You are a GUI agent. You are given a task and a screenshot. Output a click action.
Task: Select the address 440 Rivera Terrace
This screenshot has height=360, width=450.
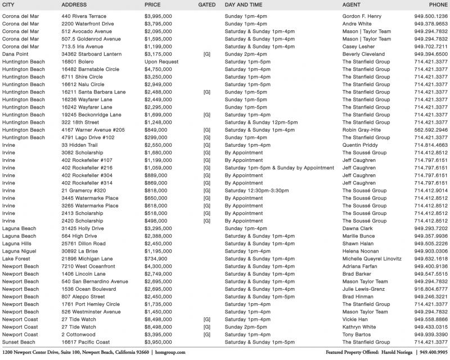pyautogui.click(x=84, y=16)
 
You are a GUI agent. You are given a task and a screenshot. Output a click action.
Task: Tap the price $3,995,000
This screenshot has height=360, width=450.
pyautogui.click(x=158, y=16)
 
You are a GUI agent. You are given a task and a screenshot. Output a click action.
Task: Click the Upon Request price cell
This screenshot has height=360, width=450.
pyautogui.click(x=161, y=62)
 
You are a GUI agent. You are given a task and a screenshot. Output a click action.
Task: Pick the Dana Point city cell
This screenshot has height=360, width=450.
pyautogui.click(x=16, y=54)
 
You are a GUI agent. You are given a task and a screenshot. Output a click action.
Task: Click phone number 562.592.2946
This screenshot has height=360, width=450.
pyautogui.click(x=431, y=130)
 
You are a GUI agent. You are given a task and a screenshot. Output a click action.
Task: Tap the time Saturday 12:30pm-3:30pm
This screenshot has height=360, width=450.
pyautogui.click(x=258, y=191)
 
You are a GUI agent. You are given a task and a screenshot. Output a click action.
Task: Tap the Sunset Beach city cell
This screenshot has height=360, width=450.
pyautogui.click(x=19, y=342)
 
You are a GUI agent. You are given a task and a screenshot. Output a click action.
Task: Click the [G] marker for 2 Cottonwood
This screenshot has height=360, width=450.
pyautogui.click(x=207, y=335)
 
